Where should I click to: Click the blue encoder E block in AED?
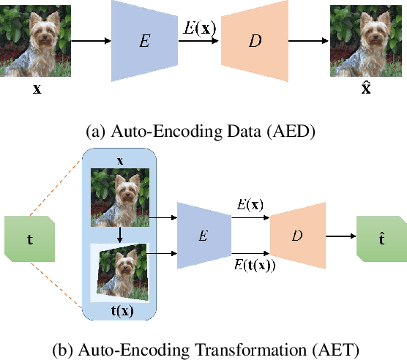pos(146,41)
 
